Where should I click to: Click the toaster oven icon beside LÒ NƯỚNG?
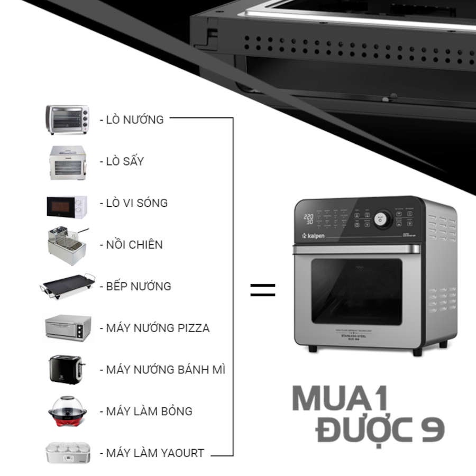[x=67, y=119]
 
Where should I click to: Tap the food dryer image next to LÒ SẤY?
[x=67, y=162]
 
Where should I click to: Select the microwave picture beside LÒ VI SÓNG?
[x=67, y=206]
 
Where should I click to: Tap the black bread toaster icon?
[x=66, y=369]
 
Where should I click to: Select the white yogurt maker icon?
[x=67, y=453]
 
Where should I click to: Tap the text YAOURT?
[x=179, y=453]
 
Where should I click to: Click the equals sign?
[x=263, y=289]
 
